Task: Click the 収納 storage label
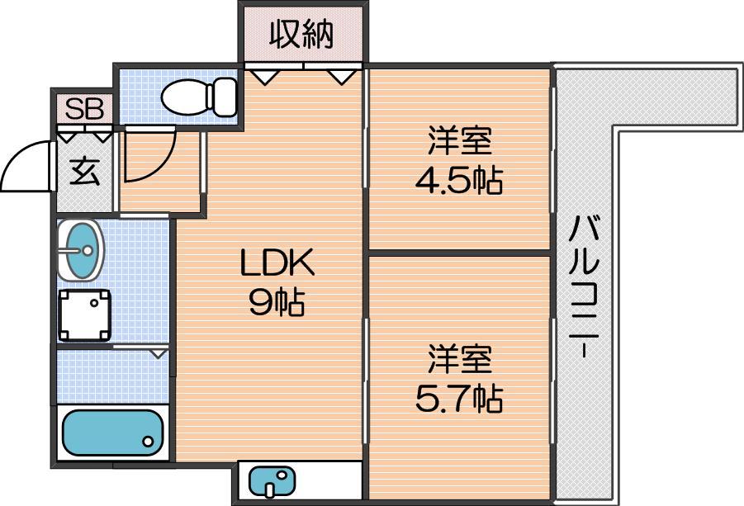(301, 34)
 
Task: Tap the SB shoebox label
(84, 109)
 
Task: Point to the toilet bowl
(185, 97)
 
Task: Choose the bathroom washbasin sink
(80, 249)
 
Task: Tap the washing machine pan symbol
(84, 315)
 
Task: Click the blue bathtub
(112, 433)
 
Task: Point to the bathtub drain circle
(148, 442)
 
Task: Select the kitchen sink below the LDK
(272, 481)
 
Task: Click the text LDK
(277, 263)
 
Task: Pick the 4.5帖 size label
(459, 179)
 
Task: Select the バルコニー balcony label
(584, 286)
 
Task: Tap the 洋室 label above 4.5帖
(459, 140)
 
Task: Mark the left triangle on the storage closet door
(263, 76)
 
